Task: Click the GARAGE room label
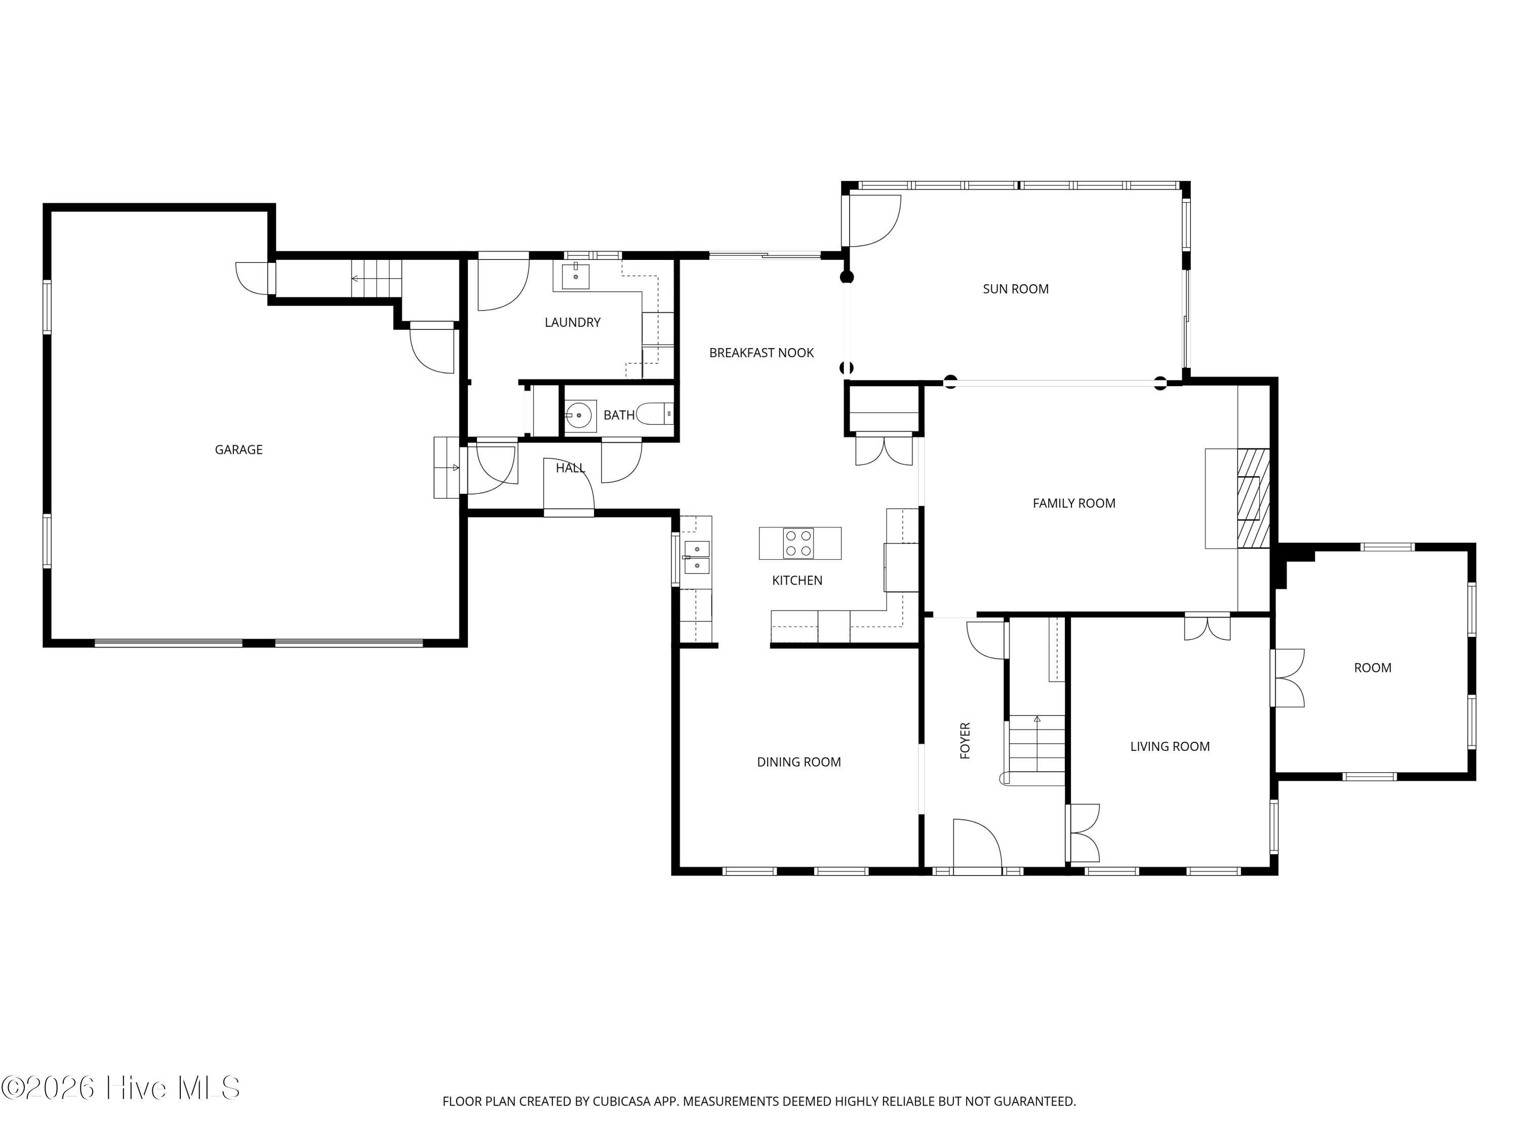(x=238, y=449)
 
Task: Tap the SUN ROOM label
(x=1016, y=289)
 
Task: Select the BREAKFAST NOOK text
(x=761, y=353)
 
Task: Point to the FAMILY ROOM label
(x=1074, y=503)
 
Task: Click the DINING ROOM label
(x=798, y=762)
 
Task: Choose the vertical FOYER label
(x=965, y=740)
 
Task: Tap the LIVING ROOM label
(x=1170, y=746)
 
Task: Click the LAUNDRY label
(x=572, y=322)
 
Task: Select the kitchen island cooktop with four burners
(x=798, y=543)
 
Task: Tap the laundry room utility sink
(x=576, y=276)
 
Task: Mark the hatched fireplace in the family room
(x=1253, y=498)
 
